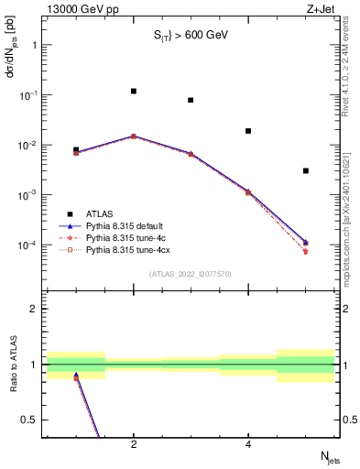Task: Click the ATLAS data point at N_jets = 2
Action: tap(134, 91)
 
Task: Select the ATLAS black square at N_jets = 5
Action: tap(306, 170)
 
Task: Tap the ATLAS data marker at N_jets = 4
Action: tap(248, 131)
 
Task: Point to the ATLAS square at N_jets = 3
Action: tap(191, 100)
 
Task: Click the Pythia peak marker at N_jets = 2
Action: tap(134, 136)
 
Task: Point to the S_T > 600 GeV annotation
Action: tap(191, 38)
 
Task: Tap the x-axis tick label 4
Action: tap(248, 445)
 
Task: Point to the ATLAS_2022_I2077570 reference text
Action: tap(191, 274)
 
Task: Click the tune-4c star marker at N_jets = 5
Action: tap(306, 251)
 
